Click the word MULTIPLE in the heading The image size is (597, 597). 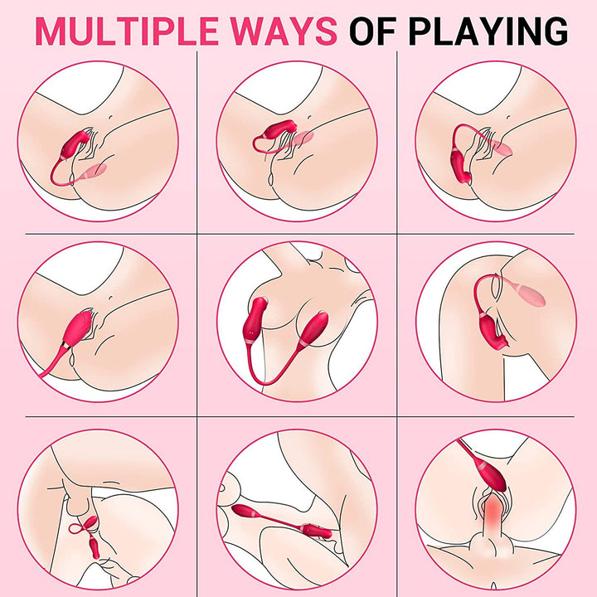(127, 31)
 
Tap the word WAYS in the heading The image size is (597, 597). (284, 31)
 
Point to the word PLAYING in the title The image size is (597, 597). (488, 31)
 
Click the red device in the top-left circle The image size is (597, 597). (74, 144)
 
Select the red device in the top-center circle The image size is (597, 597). (280, 129)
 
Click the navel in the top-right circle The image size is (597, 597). (508, 118)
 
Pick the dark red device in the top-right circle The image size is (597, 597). (461, 167)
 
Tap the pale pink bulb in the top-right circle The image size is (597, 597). (501, 148)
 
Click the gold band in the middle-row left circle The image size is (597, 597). (66, 345)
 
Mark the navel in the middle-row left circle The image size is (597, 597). (111, 298)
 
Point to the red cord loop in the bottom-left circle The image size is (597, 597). (83, 526)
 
